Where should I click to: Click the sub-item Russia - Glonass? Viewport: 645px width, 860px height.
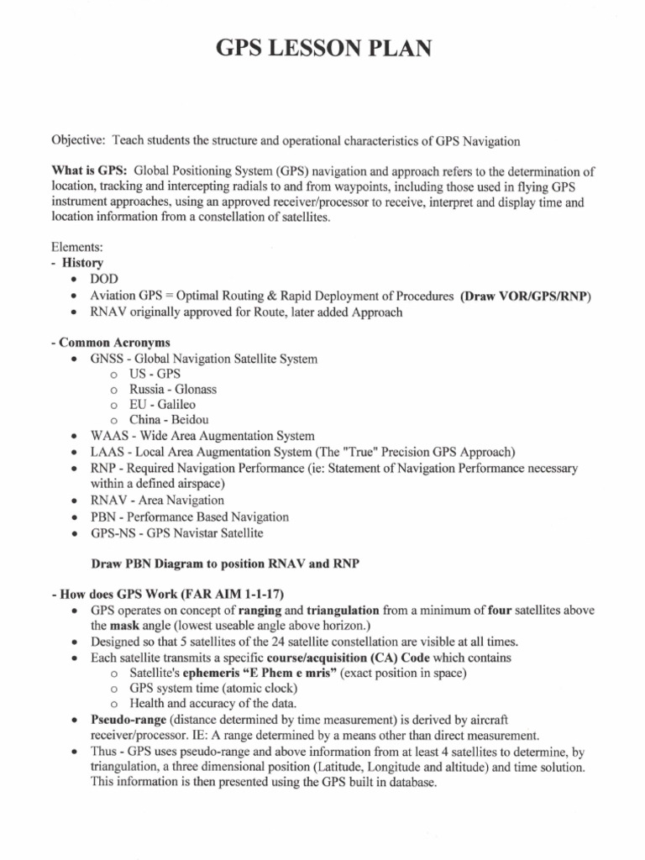coord(172,390)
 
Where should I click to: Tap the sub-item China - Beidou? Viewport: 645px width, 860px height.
coord(169,420)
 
